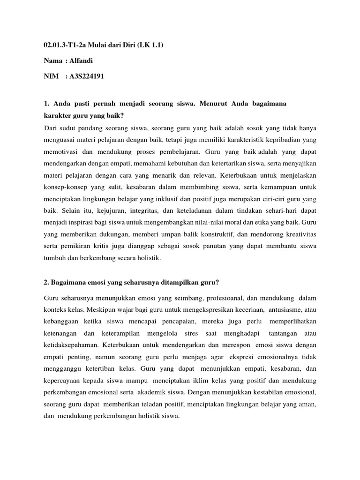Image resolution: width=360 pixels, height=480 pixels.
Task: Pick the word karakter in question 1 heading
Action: [59, 114]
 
